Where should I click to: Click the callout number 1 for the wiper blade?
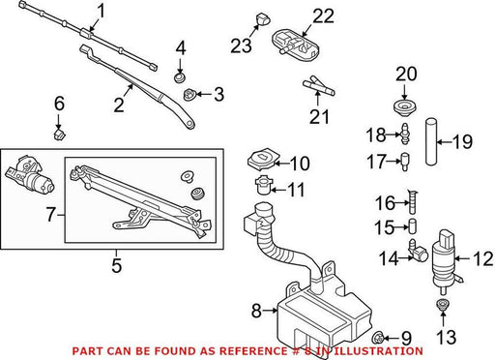click(101, 12)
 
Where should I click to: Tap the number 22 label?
click(323, 15)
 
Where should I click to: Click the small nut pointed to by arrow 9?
click(377, 338)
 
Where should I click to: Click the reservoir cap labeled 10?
click(263, 159)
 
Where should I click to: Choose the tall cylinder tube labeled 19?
click(431, 141)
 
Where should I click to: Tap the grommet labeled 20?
click(405, 107)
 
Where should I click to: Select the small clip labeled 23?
click(262, 19)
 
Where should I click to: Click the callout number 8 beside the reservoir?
click(256, 311)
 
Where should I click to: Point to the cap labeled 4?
click(179, 77)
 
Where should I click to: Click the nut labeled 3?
click(189, 95)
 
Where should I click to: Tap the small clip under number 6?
click(59, 135)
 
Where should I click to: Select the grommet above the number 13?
click(442, 305)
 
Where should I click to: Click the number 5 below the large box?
click(116, 265)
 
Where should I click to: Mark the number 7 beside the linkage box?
click(51, 215)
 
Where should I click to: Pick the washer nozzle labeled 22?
click(296, 45)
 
